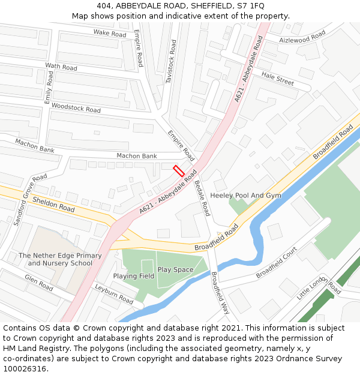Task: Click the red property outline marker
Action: click(178, 170)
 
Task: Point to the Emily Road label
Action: click(49, 88)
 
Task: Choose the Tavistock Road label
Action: click(172, 61)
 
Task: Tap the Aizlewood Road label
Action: click(303, 37)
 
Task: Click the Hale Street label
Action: click(278, 79)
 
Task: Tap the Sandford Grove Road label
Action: click(31, 200)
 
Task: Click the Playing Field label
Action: click(133, 276)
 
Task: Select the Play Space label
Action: click(175, 269)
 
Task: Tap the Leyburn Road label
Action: click(114, 293)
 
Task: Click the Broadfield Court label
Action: click(277, 262)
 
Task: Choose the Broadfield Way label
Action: click(220, 293)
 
